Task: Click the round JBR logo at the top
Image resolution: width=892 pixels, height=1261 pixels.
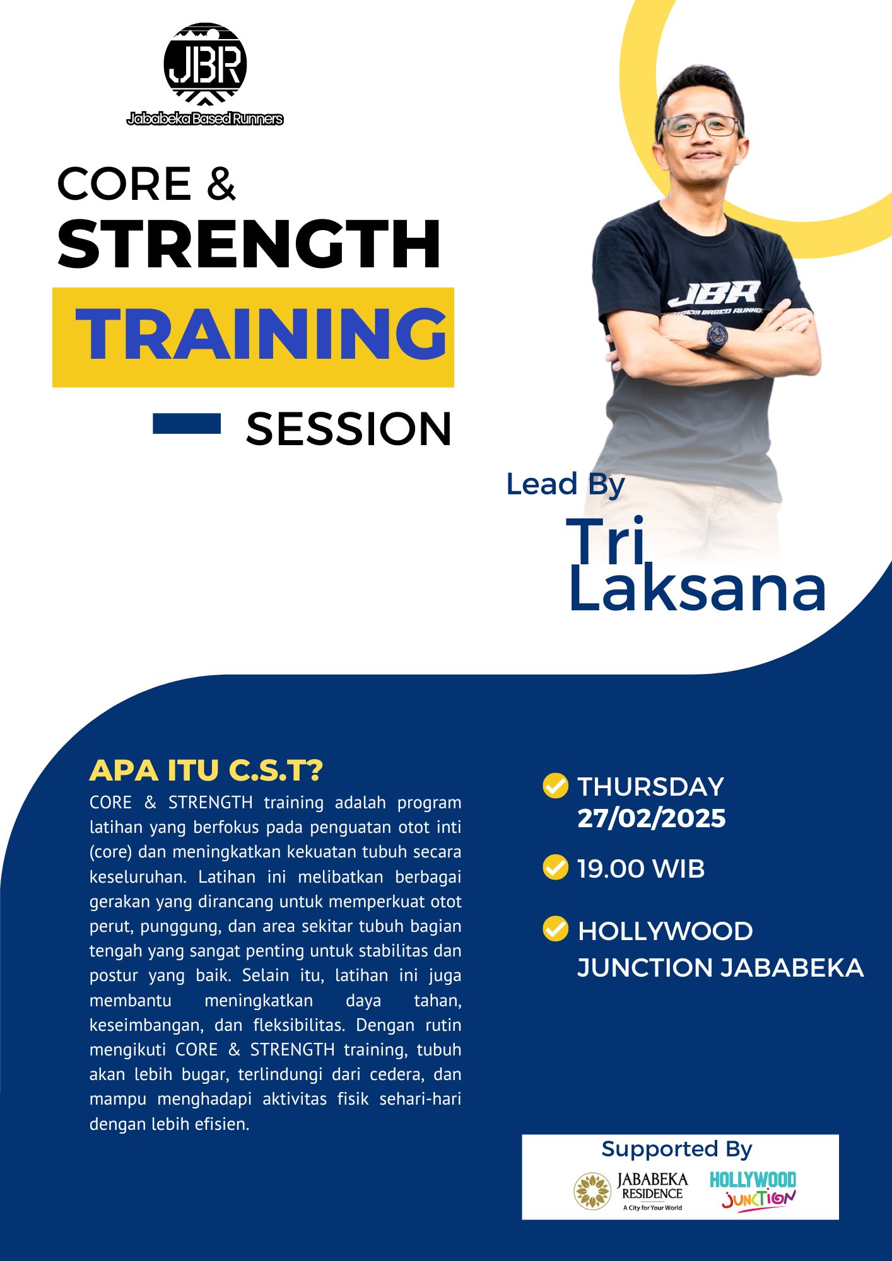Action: pyautogui.click(x=205, y=64)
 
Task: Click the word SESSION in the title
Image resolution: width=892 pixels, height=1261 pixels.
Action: pyautogui.click(x=349, y=429)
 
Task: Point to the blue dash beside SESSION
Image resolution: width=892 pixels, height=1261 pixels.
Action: pyautogui.click(x=187, y=424)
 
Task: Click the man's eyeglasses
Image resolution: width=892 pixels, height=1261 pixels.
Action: pyautogui.click(x=699, y=126)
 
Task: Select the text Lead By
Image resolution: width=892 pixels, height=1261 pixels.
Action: pyautogui.click(x=565, y=484)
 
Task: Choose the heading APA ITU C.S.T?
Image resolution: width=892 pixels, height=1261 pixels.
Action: pyautogui.click(x=206, y=770)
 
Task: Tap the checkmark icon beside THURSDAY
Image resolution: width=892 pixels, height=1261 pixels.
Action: pyautogui.click(x=556, y=786)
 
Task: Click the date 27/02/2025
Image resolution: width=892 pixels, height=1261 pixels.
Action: pyautogui.click(x=652, y=818)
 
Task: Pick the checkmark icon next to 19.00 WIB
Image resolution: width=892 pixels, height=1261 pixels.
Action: pyautogui.click(x=556, y=867)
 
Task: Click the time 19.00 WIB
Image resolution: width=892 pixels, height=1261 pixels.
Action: pyautogui.click(x=641, y=868)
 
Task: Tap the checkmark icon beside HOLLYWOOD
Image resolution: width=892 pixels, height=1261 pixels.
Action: pyautogui.click(x=556, y=929)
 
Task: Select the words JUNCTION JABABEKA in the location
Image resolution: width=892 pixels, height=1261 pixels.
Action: pyautogui.click(x=720, y=968)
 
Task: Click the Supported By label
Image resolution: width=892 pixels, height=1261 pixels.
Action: pyautogui.click(x=677, y=1149)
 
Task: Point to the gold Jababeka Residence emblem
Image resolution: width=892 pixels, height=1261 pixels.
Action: pyautogui.click(x=592, y=1191)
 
